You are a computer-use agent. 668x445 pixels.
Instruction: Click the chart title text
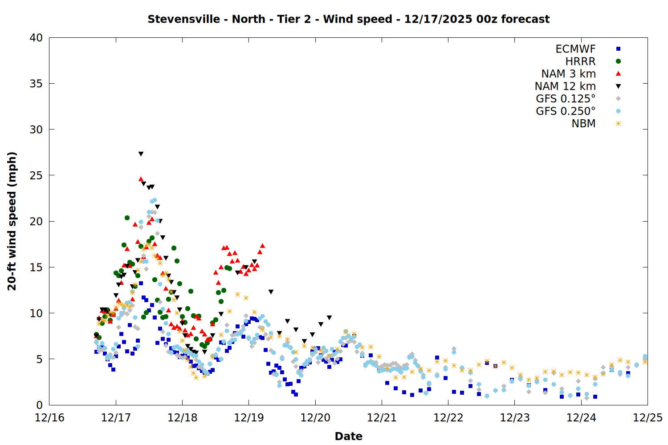[x=348, y=19]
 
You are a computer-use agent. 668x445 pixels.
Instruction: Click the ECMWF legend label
[x=575, y=49]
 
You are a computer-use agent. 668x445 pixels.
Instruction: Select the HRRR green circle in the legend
[x=618, y=61]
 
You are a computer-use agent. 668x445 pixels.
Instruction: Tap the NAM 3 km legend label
[x=568, y=74]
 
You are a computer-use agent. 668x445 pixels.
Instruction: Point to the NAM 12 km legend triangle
[x=618, y=86]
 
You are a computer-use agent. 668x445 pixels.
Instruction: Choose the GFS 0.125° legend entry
[x=566, y=99]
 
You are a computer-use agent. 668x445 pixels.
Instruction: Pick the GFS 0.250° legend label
[x=566, y=111]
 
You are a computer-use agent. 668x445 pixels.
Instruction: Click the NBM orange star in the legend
[x=618, y=124]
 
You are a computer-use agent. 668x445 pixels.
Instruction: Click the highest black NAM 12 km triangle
[x=141, y=154]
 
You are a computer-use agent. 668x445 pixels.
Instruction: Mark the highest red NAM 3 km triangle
[x=141, y=179]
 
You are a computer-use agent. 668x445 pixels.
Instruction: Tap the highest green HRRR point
[x=127, y=218]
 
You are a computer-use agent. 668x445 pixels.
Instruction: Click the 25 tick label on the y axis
[x=37, y=175]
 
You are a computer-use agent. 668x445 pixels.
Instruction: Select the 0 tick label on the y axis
[x=40, y=405]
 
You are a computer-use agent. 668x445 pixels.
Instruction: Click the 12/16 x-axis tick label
[x=49, y=418]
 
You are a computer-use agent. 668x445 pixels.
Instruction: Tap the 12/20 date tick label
[x=315, y=418]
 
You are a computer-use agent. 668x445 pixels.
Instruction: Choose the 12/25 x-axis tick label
[x=648, y=418]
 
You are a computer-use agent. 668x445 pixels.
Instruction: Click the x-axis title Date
[x=348, y=436]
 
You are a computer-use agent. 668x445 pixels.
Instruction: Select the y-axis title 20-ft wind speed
[x=12, y=221]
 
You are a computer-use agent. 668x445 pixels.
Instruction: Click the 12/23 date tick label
[x=515, y=418]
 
